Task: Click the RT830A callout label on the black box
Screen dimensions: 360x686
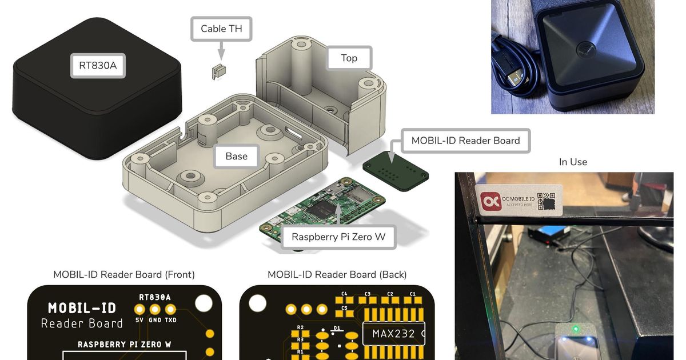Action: click(x=97, y=65)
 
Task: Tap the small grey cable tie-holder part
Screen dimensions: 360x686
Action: click(x=217, y=72)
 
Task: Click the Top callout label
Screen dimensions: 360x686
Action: click(x=349, y=58)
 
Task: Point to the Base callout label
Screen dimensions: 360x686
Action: click(x=236, y=156)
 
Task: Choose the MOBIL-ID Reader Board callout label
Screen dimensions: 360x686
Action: click(x=465, y=141)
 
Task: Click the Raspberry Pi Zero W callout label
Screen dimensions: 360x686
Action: click(x=338, y=237)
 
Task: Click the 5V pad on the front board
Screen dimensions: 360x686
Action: click(x=139, y=309)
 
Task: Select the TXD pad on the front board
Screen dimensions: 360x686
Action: click(x=170, y=309)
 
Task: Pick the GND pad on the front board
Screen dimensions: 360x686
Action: click(x=155, y=309)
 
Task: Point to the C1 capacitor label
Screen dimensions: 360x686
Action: click(x=413, y=294)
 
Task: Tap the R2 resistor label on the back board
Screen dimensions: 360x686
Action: click(x=300, y=327)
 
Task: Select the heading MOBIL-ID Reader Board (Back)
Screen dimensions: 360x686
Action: click(x=337, y=275)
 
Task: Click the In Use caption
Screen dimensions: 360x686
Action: click(x=573, y=162)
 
